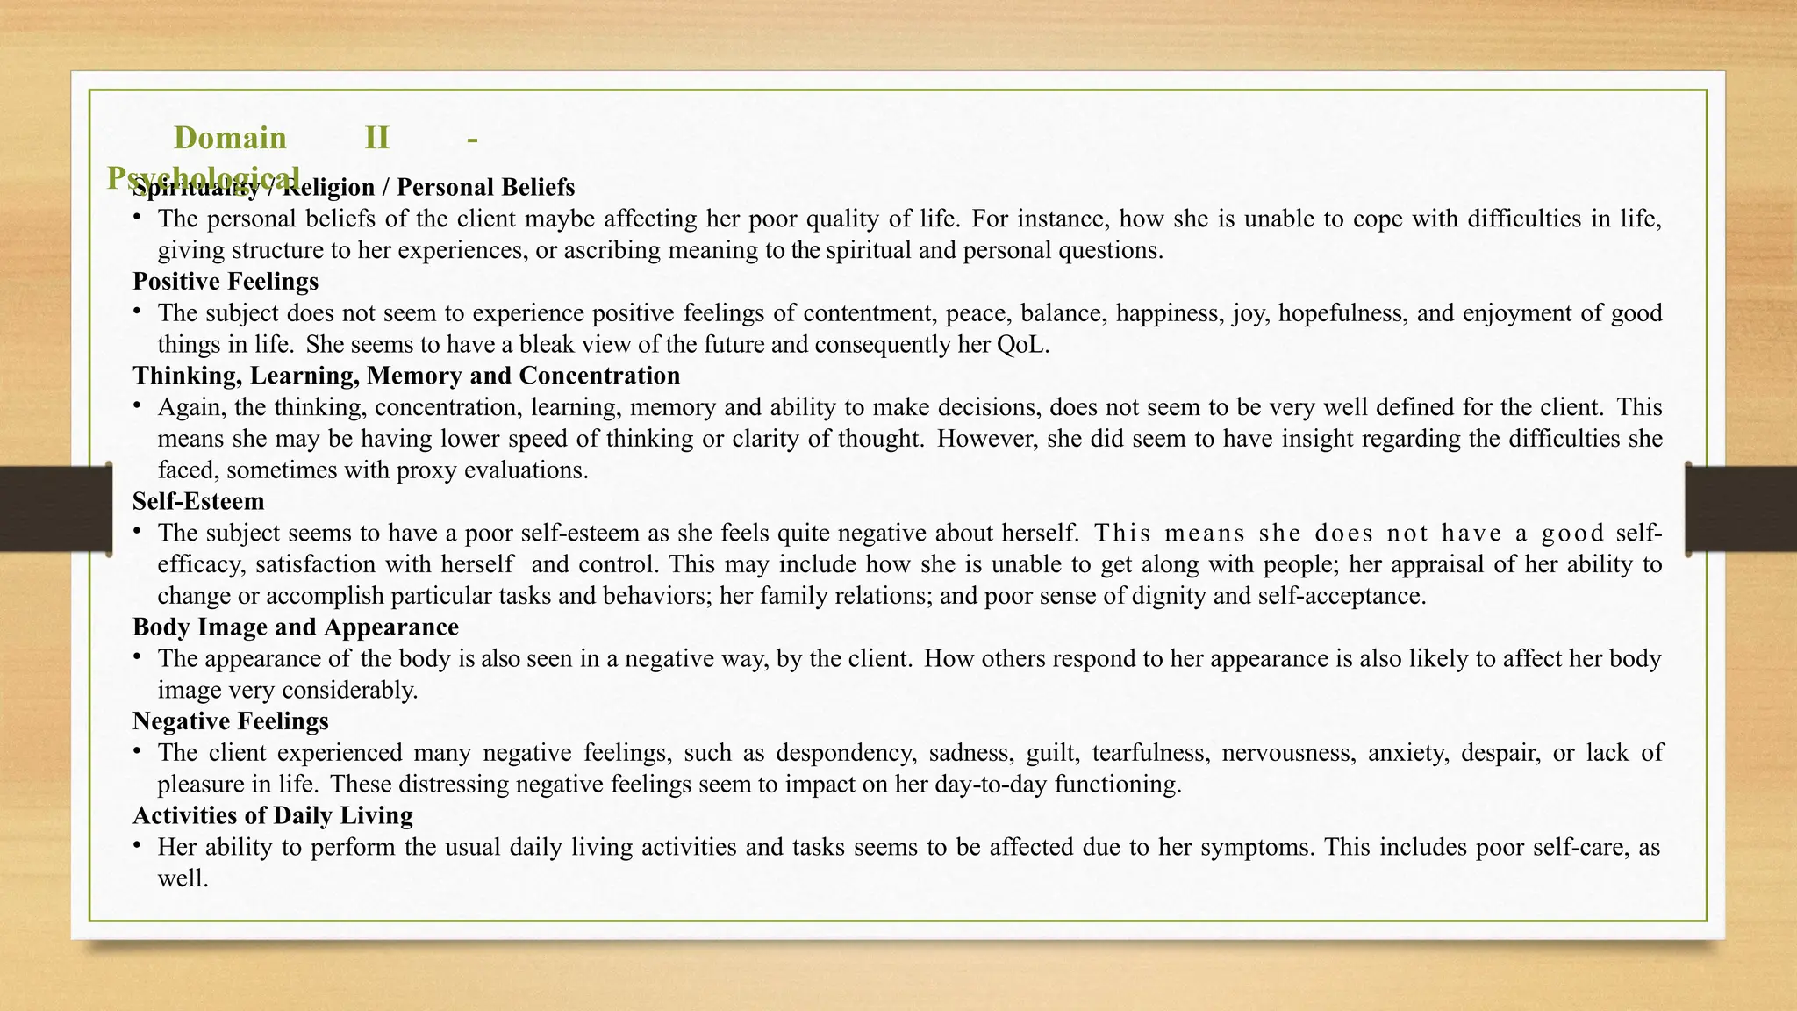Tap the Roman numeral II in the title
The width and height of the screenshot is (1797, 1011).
pyautogui.click(x=376, y=138)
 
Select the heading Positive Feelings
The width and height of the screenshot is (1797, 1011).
pyautogui.click(x=226, y=282)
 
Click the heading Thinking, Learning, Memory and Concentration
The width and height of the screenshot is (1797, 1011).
pyautogui.click(x=406, y=376)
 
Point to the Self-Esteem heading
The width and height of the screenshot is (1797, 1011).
pyautogui.click(x=198, y=501)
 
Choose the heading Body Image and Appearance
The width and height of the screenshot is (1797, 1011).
pyautogui.click(x=296, y=627)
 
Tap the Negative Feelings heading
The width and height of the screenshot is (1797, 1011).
pyautogui.click(x=231, y=721)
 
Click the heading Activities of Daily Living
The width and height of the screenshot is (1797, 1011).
pyautogui.click(x=273, y=815)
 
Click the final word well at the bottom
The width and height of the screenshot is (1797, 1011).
pyautogui.click(x=182, y=878)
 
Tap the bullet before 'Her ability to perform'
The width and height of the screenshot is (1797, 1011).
pyautogui.click(x=138, y=845)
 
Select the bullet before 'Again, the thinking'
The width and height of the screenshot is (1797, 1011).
pyautogui.click(x=138, y=405)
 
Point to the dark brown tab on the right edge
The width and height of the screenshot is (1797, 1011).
pyautogui.click(x=1741, y=509)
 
